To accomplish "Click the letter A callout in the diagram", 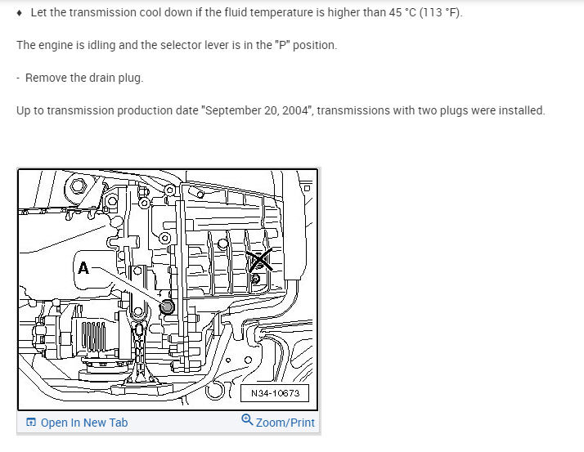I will [83, 267].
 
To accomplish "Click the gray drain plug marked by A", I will [167, 307].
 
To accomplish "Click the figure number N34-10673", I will [275, 393].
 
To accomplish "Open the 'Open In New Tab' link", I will [83, 423].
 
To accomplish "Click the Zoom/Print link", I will [285, 423].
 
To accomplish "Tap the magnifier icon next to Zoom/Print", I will [247, 421].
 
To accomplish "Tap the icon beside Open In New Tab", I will [30, 423].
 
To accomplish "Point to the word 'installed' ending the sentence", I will [520, 110].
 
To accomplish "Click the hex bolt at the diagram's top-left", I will [79, 186].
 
